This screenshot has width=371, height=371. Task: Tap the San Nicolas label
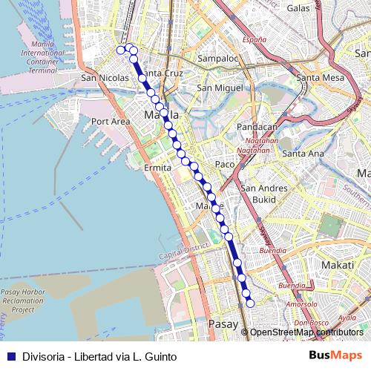105,77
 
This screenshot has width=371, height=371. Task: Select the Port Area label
111,121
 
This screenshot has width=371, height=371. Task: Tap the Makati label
339,264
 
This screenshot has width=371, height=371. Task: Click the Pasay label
223,324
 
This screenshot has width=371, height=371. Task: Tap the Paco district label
224,164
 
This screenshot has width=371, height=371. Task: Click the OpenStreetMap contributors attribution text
306,332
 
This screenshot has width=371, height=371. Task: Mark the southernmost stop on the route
250,303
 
